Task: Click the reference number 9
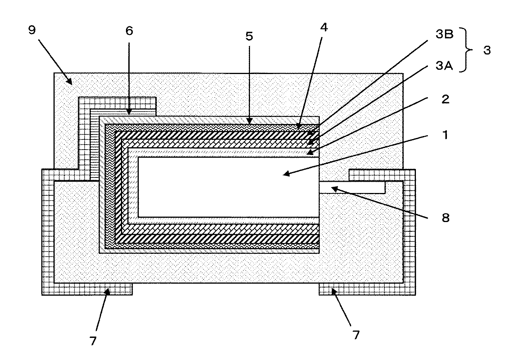[32, 31]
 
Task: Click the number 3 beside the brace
[487, 50]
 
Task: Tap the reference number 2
[445, 99]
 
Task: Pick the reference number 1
[445, 135]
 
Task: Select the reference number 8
[445, 218]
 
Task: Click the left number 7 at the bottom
[93, 340]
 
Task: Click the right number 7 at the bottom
[356, 334]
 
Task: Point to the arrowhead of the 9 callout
[70, 83]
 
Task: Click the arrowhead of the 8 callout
[333, 188]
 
